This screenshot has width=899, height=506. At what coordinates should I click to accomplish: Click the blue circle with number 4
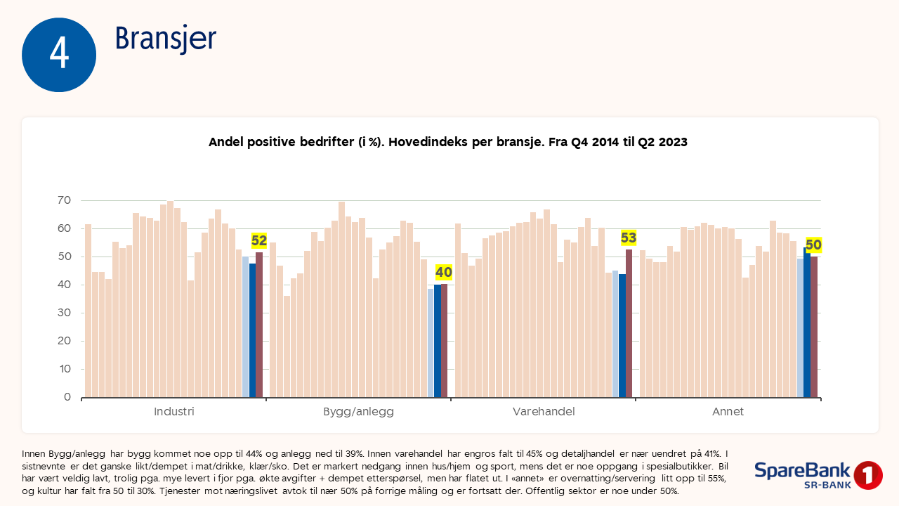pos(59,55)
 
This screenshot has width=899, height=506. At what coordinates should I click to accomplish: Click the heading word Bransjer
pos(166,39)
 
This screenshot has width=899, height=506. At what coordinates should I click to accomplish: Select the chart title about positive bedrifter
pos(447,142)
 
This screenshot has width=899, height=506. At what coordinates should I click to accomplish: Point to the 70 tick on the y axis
pos(64,200)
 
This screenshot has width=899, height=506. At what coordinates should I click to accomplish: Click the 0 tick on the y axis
pos(67,397)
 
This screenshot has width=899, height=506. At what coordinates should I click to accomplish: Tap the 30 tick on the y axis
pos(64,313)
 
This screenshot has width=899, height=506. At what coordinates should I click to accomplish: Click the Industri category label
pos(174,412)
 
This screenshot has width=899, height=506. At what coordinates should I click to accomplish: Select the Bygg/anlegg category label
pos(358,412)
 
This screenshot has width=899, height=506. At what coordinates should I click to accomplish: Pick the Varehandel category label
pos(544,412)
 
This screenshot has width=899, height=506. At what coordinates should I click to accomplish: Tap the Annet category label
pos(728,412)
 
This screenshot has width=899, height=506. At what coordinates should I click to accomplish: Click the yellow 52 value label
pos(259,240)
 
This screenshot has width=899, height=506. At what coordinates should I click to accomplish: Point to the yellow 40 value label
pos(444,272)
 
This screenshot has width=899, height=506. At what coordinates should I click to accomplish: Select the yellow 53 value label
pos(629,238)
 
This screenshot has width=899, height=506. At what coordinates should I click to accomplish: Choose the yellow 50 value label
pos(813,245)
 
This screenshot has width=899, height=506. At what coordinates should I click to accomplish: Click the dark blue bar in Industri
pos(252,330)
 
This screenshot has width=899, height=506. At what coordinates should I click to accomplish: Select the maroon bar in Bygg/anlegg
pos(444,340)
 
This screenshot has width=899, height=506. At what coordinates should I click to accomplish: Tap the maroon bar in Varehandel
pos(629,323)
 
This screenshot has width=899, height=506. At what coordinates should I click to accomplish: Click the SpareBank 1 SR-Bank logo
pos(818,475)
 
